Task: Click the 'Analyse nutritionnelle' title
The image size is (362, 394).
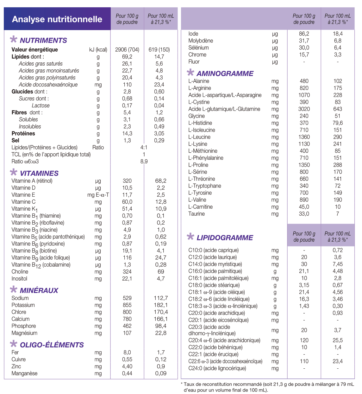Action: coord(57,19)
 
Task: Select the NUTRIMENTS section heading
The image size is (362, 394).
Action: coord(43,41)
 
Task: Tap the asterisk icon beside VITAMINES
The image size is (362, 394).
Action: coord(14,172)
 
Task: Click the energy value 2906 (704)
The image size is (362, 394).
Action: coord(127,50)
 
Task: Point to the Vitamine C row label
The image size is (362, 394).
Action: coord(23,202)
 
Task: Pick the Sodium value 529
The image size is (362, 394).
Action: coord(127,298)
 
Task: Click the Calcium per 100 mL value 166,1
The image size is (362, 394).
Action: coord(161,319)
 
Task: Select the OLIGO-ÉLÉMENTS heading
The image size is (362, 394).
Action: coord(52,345)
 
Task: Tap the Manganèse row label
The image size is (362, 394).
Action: coord(24,373)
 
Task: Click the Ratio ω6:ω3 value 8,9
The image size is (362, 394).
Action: coord(144,162)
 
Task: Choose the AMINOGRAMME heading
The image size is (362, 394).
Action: coord(225,73)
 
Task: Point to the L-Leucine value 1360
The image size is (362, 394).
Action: coord(304,137)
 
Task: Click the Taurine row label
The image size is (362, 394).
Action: coord(197,214)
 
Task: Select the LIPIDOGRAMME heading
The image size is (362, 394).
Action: coord(225,238)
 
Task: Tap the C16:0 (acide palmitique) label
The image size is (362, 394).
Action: coord(215,271)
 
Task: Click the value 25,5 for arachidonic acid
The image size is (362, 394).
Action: coord(338,340)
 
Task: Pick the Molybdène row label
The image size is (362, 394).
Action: coord(201,41)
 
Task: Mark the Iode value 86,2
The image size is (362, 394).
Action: coord(304,34)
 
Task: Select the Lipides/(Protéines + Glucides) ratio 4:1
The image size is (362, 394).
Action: coord(144,148)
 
